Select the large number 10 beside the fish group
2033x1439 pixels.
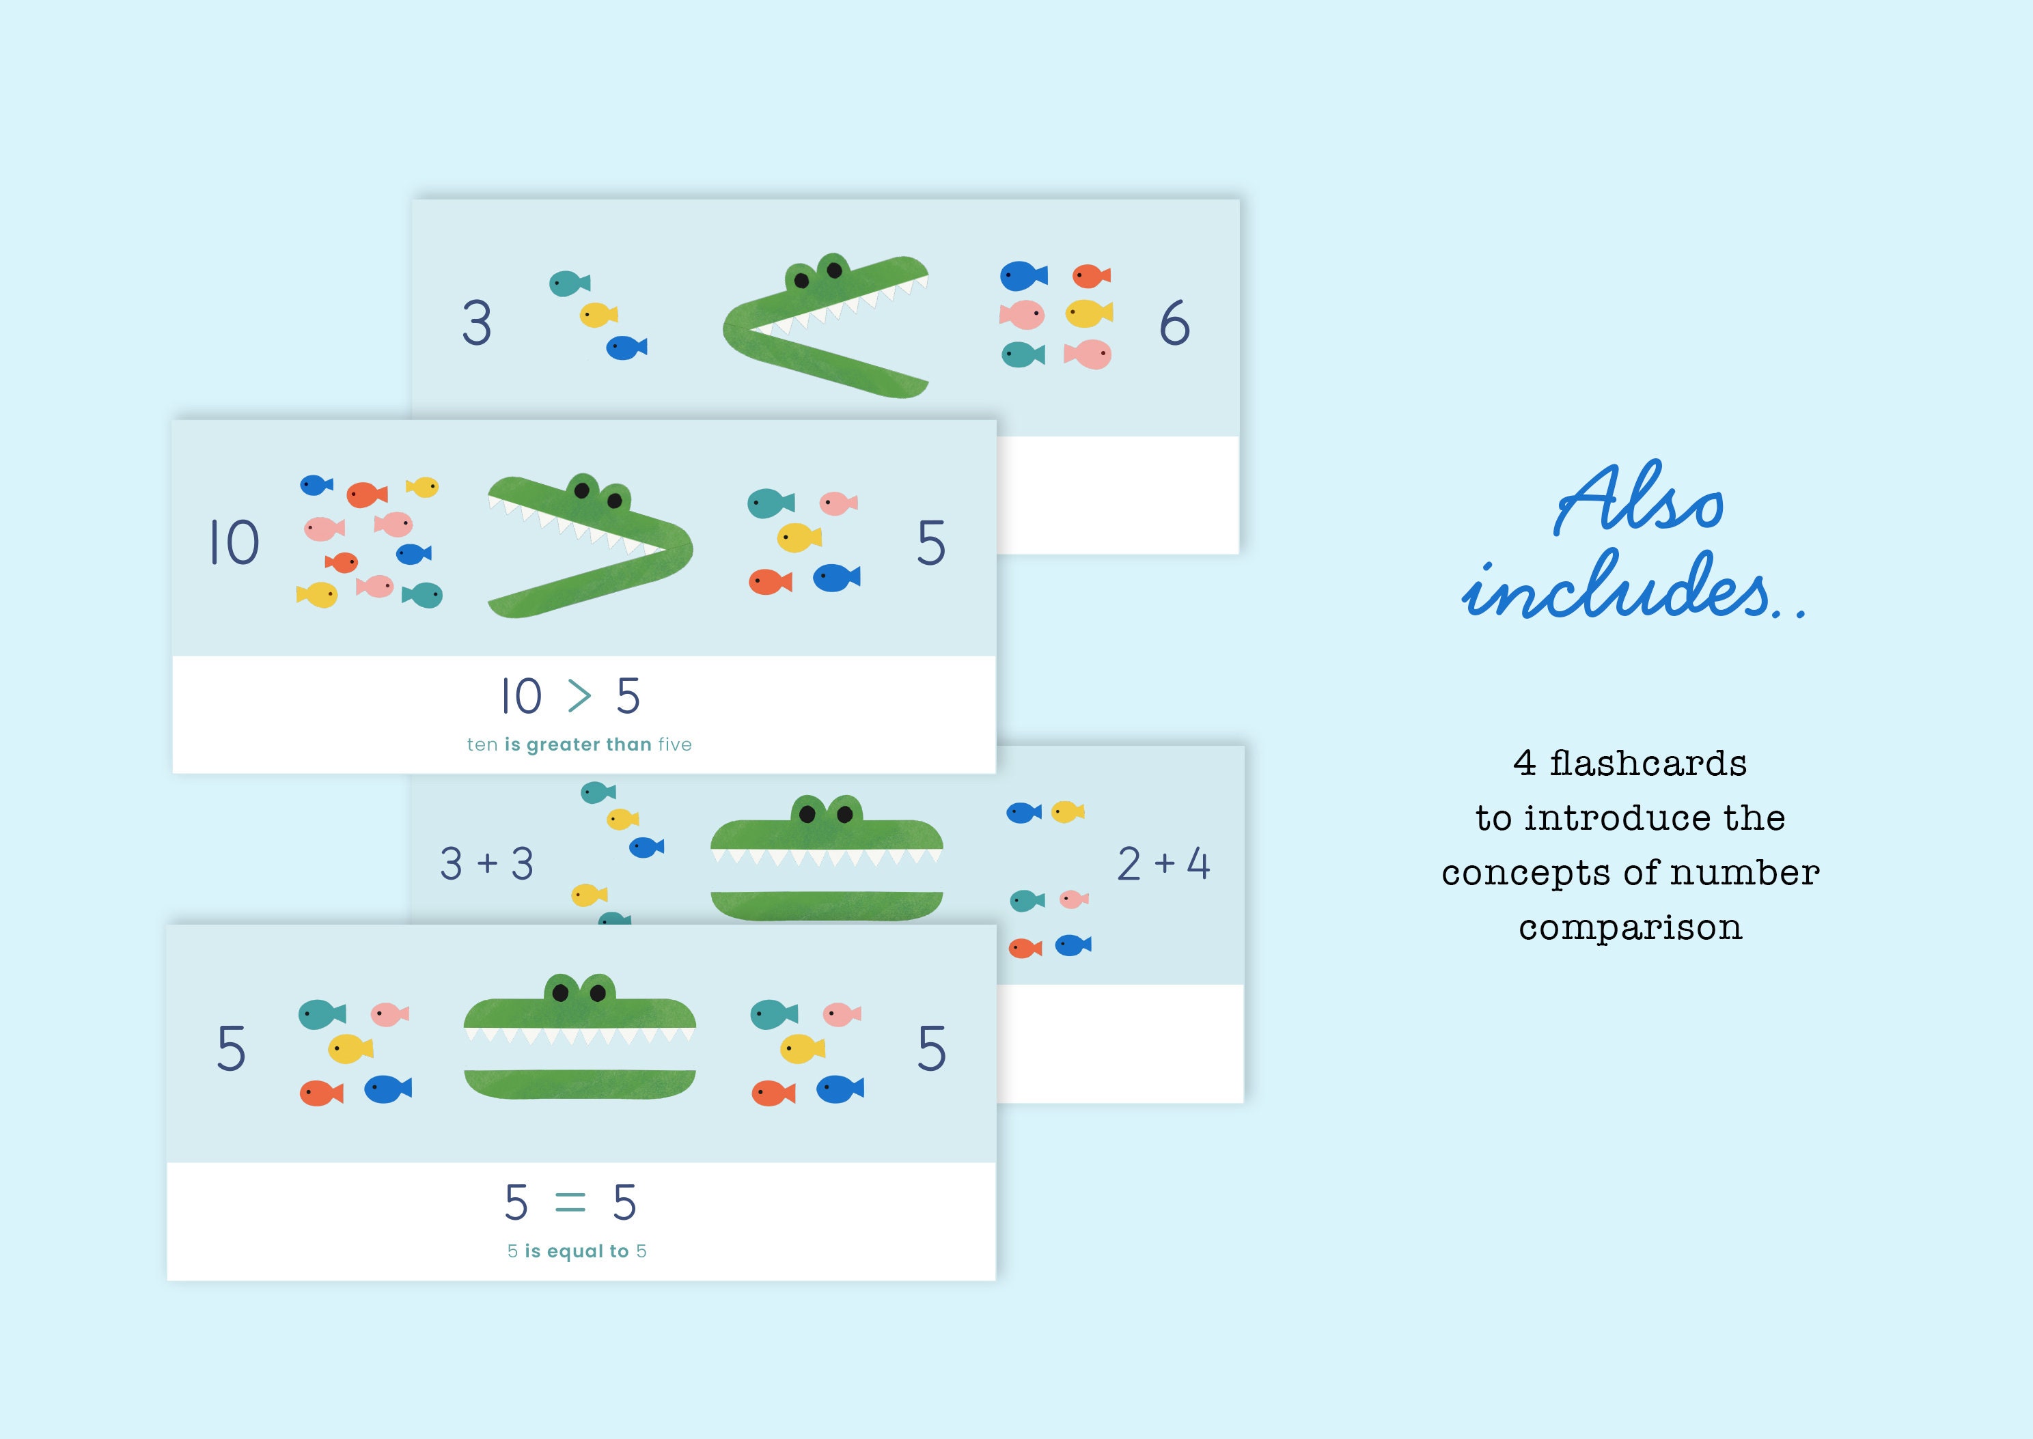coord(234,542)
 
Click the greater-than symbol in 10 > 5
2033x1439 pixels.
coord(579,697)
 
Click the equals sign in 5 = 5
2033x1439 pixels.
coord(570,1203)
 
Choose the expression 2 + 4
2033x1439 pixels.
coord(1163,864)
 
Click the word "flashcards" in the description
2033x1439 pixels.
coord(1648,764)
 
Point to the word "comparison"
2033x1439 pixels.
coord(1630,927)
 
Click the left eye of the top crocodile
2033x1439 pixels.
coord(802,280)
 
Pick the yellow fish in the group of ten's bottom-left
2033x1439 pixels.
coord(317,595)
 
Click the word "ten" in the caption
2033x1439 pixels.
coord(482,745)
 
